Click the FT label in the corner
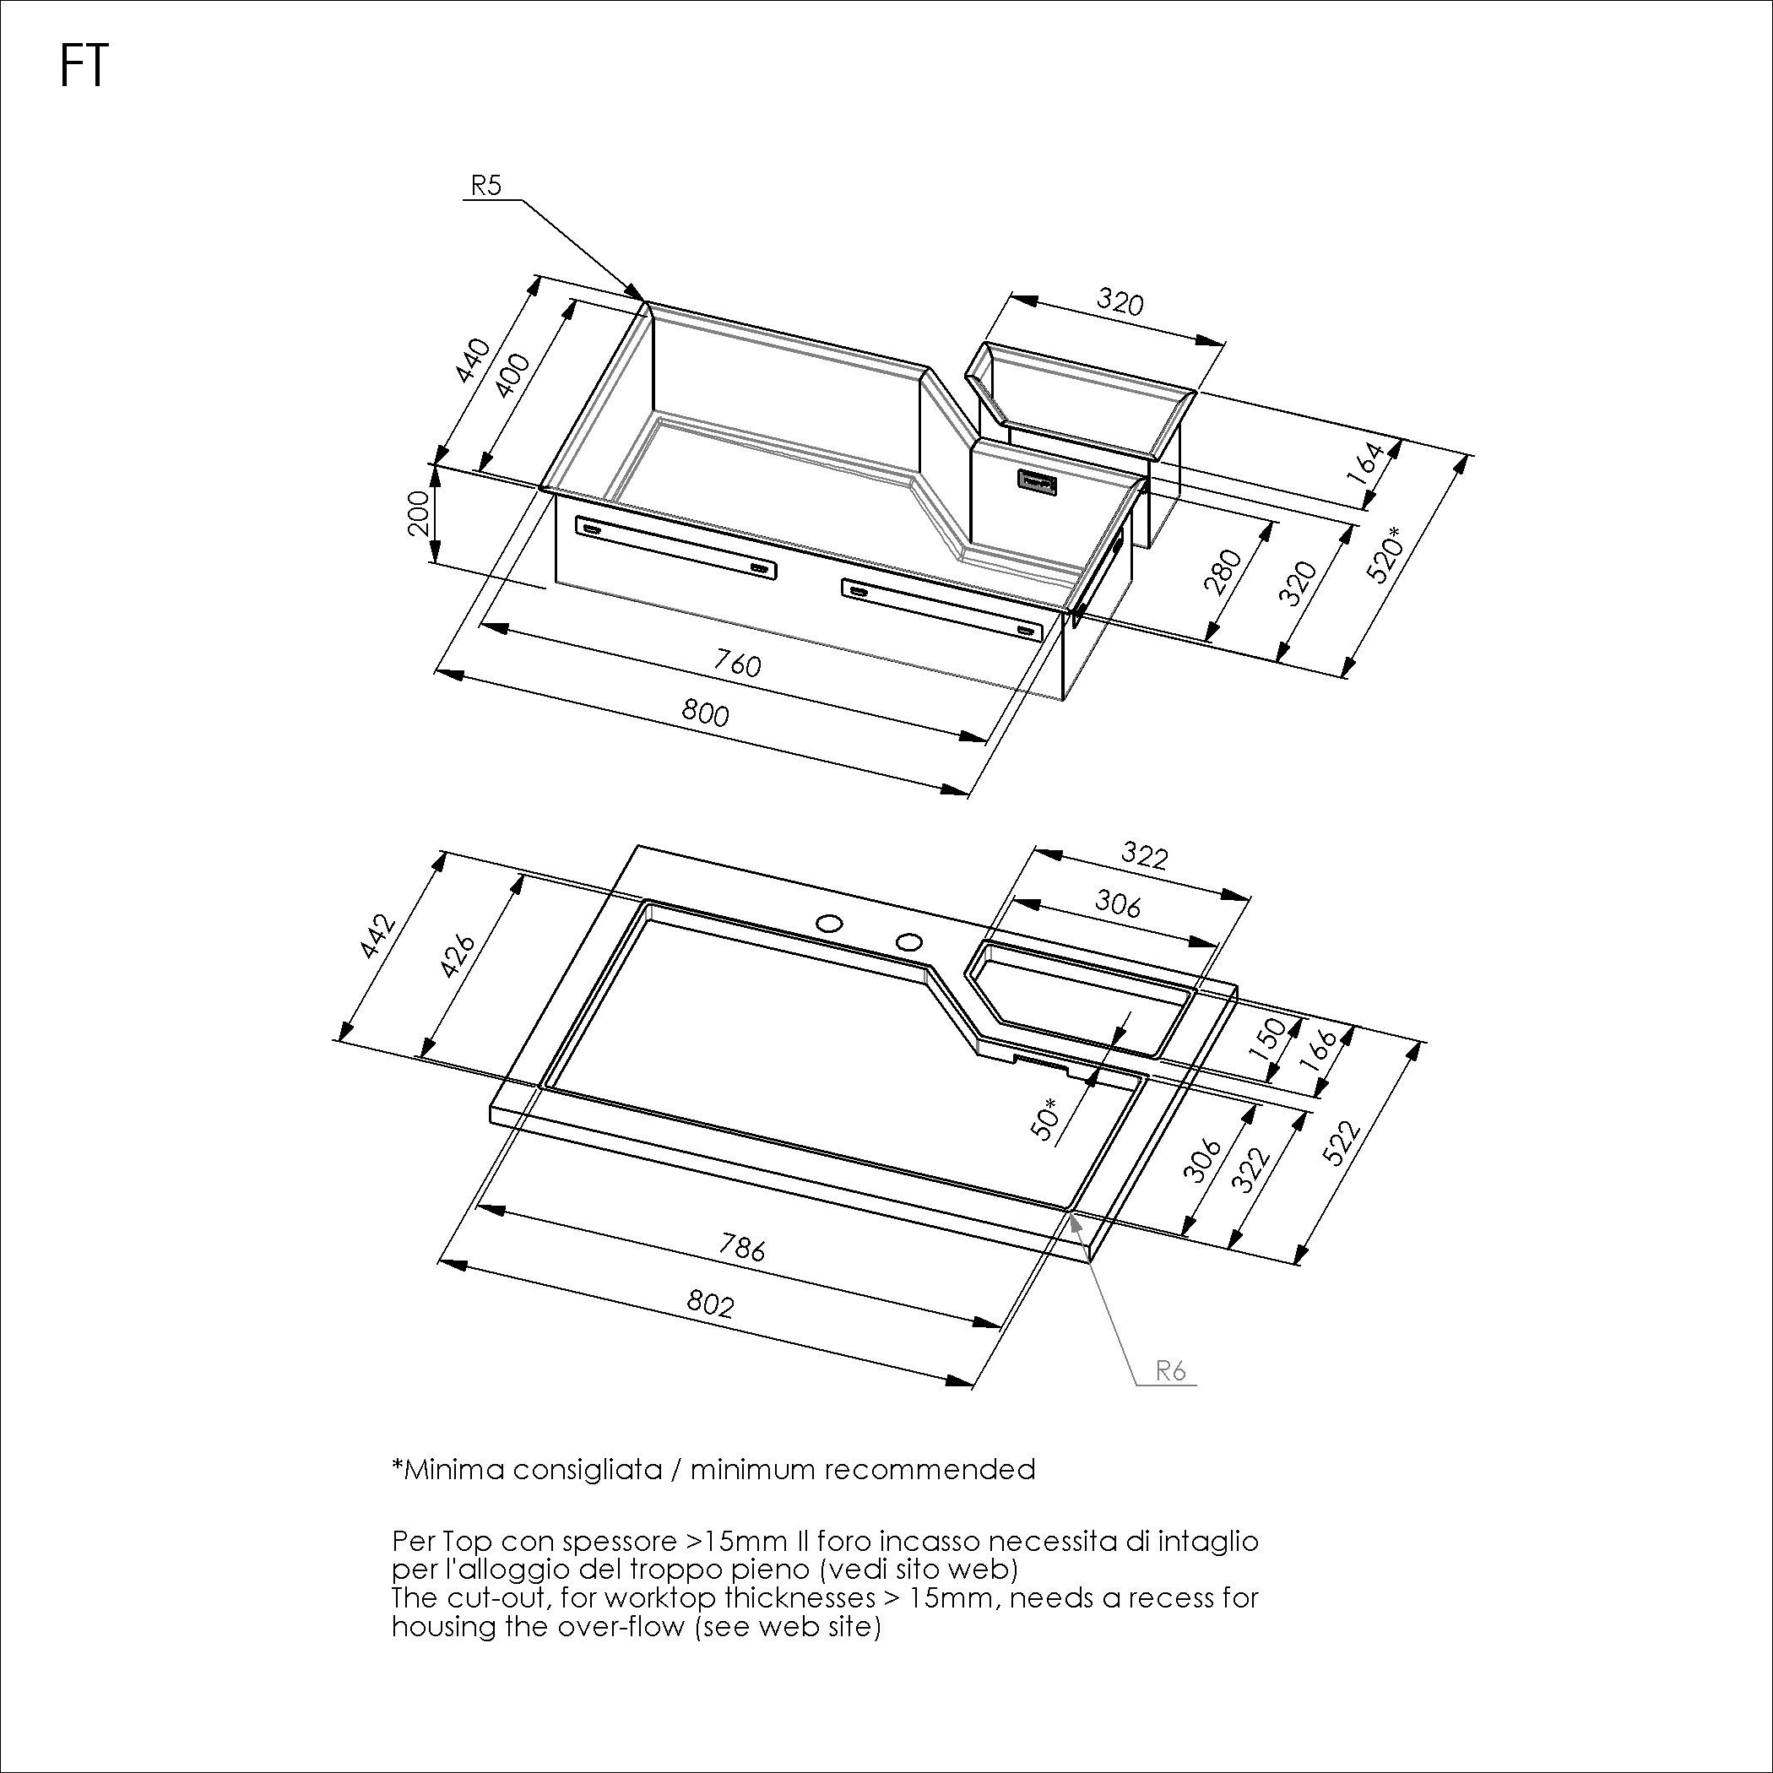pos(84,67)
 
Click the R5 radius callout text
pos(485,186)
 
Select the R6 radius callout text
pos(1171,1372)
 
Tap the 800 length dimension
pos(705,713)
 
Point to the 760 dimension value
pos(737,663)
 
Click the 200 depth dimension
pos(418,513)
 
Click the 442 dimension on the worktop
pos(377,936)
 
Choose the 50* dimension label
pos(1046,1119)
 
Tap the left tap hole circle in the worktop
pos(832,922)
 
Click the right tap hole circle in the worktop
pos(908,941)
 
